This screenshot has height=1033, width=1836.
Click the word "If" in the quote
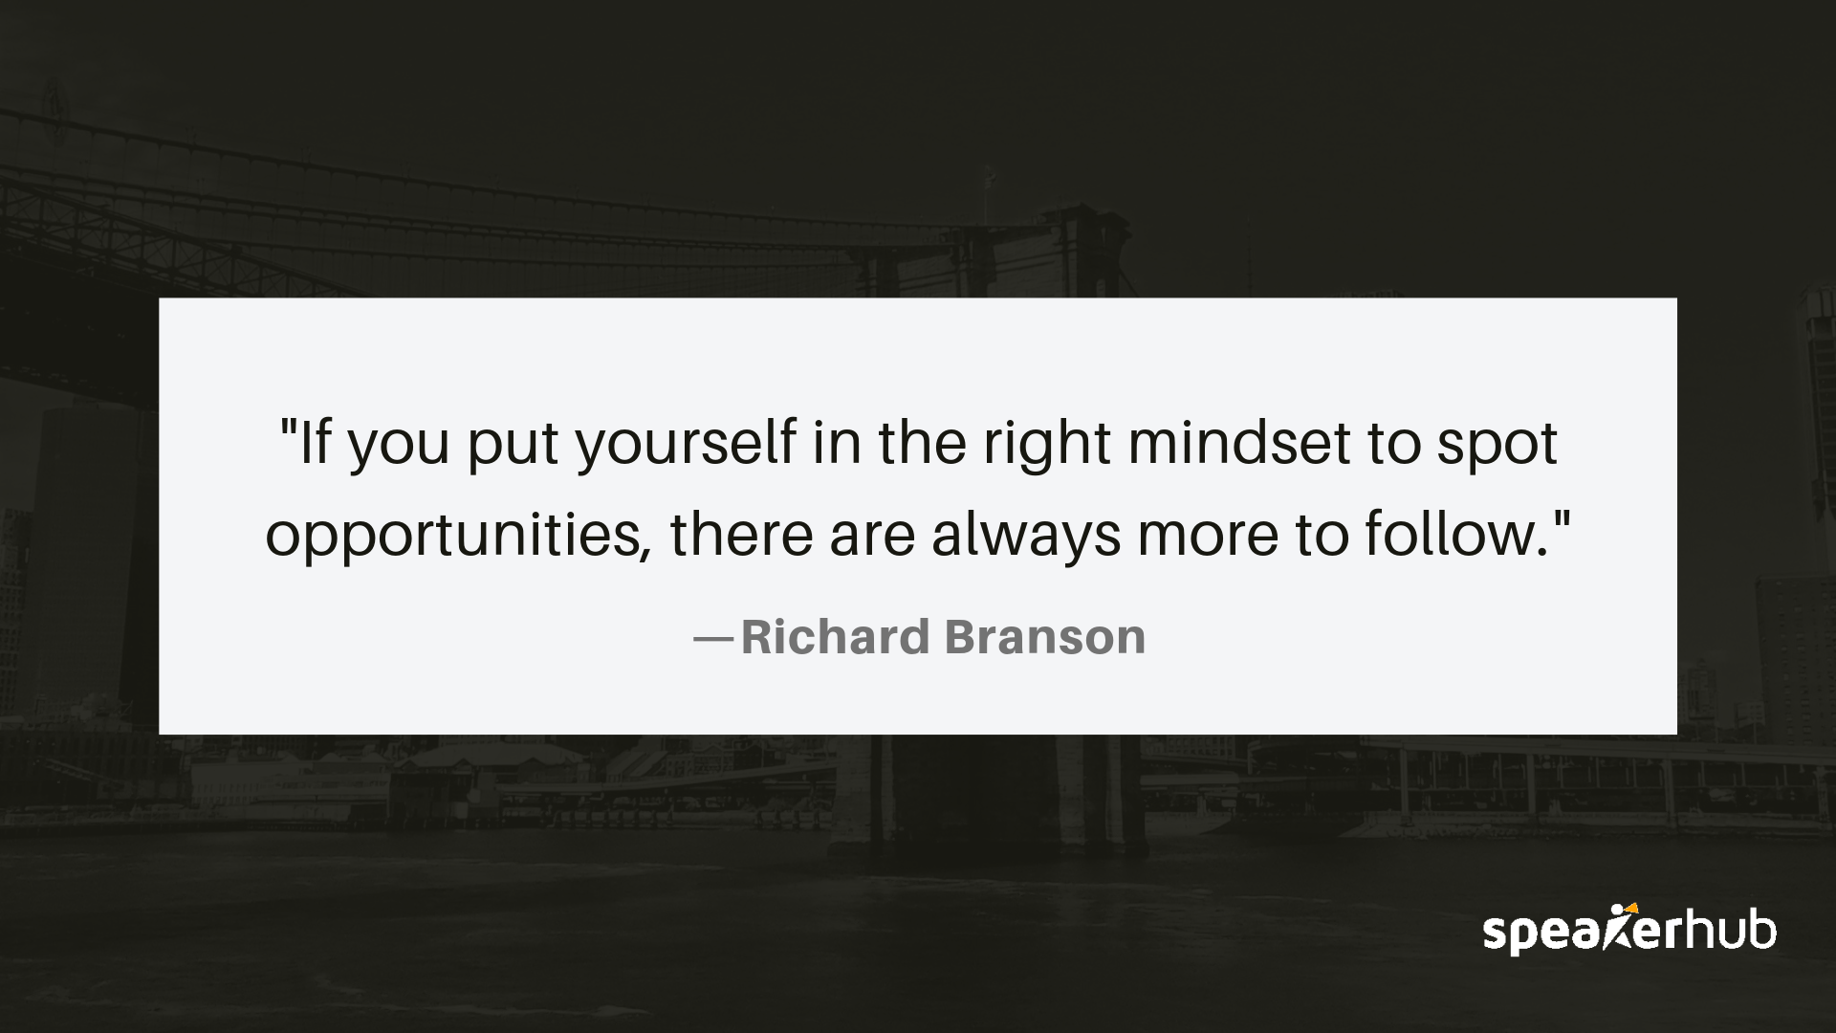point(317,444)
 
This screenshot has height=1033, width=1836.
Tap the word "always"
point(1026,535)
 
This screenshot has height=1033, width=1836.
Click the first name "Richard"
point(835,637)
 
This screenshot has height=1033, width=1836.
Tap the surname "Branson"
point(1045,637)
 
